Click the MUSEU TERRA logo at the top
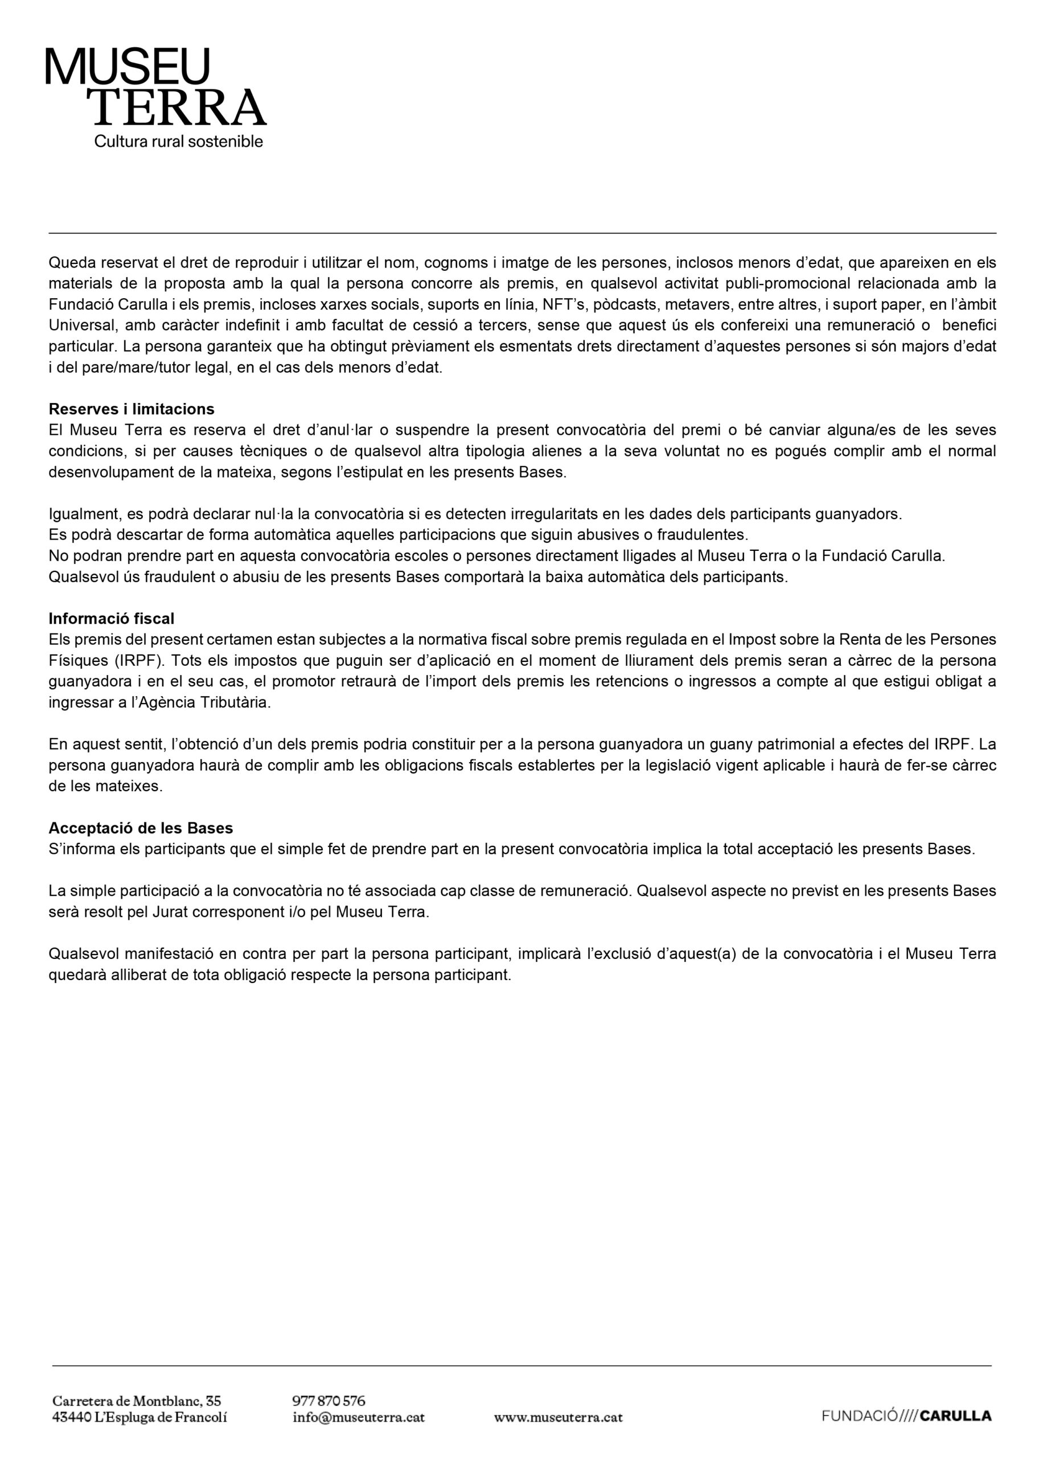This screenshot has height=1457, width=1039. coord(155,88)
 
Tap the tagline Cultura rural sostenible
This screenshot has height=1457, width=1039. coord(179,141)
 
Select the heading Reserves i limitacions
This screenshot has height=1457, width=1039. coord(131,409)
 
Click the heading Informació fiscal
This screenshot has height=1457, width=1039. coord(112,619)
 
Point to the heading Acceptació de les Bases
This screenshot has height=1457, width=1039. coord(141,828)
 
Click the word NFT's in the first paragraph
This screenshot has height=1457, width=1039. coord(564,304)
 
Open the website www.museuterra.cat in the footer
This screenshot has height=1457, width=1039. coord(558,1417)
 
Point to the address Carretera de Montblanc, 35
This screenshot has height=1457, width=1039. coord(136,1401)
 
